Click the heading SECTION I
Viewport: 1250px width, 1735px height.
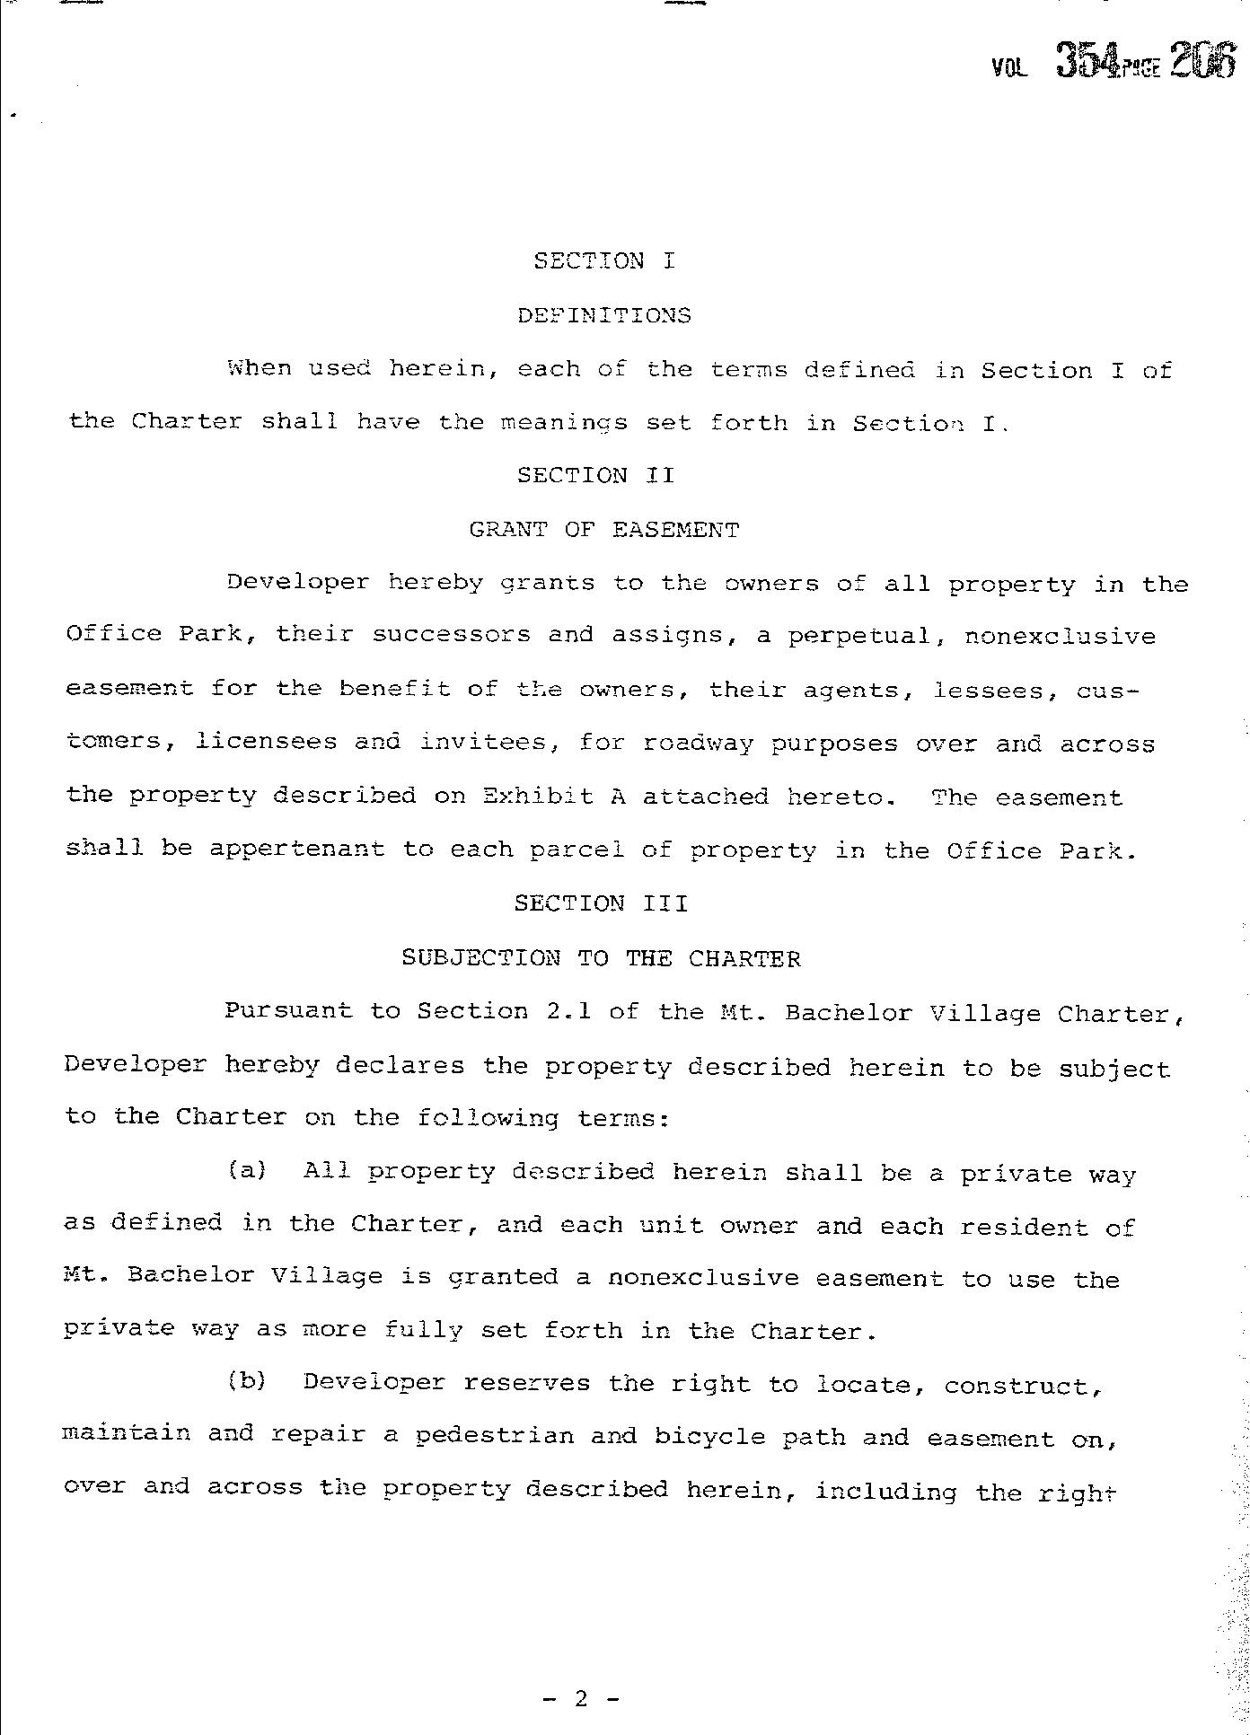(603, 261)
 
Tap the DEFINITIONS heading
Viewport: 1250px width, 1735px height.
(604, 315)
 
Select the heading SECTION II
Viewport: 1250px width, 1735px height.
(595, 475)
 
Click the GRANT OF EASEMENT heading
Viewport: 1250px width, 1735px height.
(604, 530)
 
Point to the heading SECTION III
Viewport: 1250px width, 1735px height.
(601, 903)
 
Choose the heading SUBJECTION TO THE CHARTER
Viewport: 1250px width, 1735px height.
(601, 958)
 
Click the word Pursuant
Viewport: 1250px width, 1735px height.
(288, 1011)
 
